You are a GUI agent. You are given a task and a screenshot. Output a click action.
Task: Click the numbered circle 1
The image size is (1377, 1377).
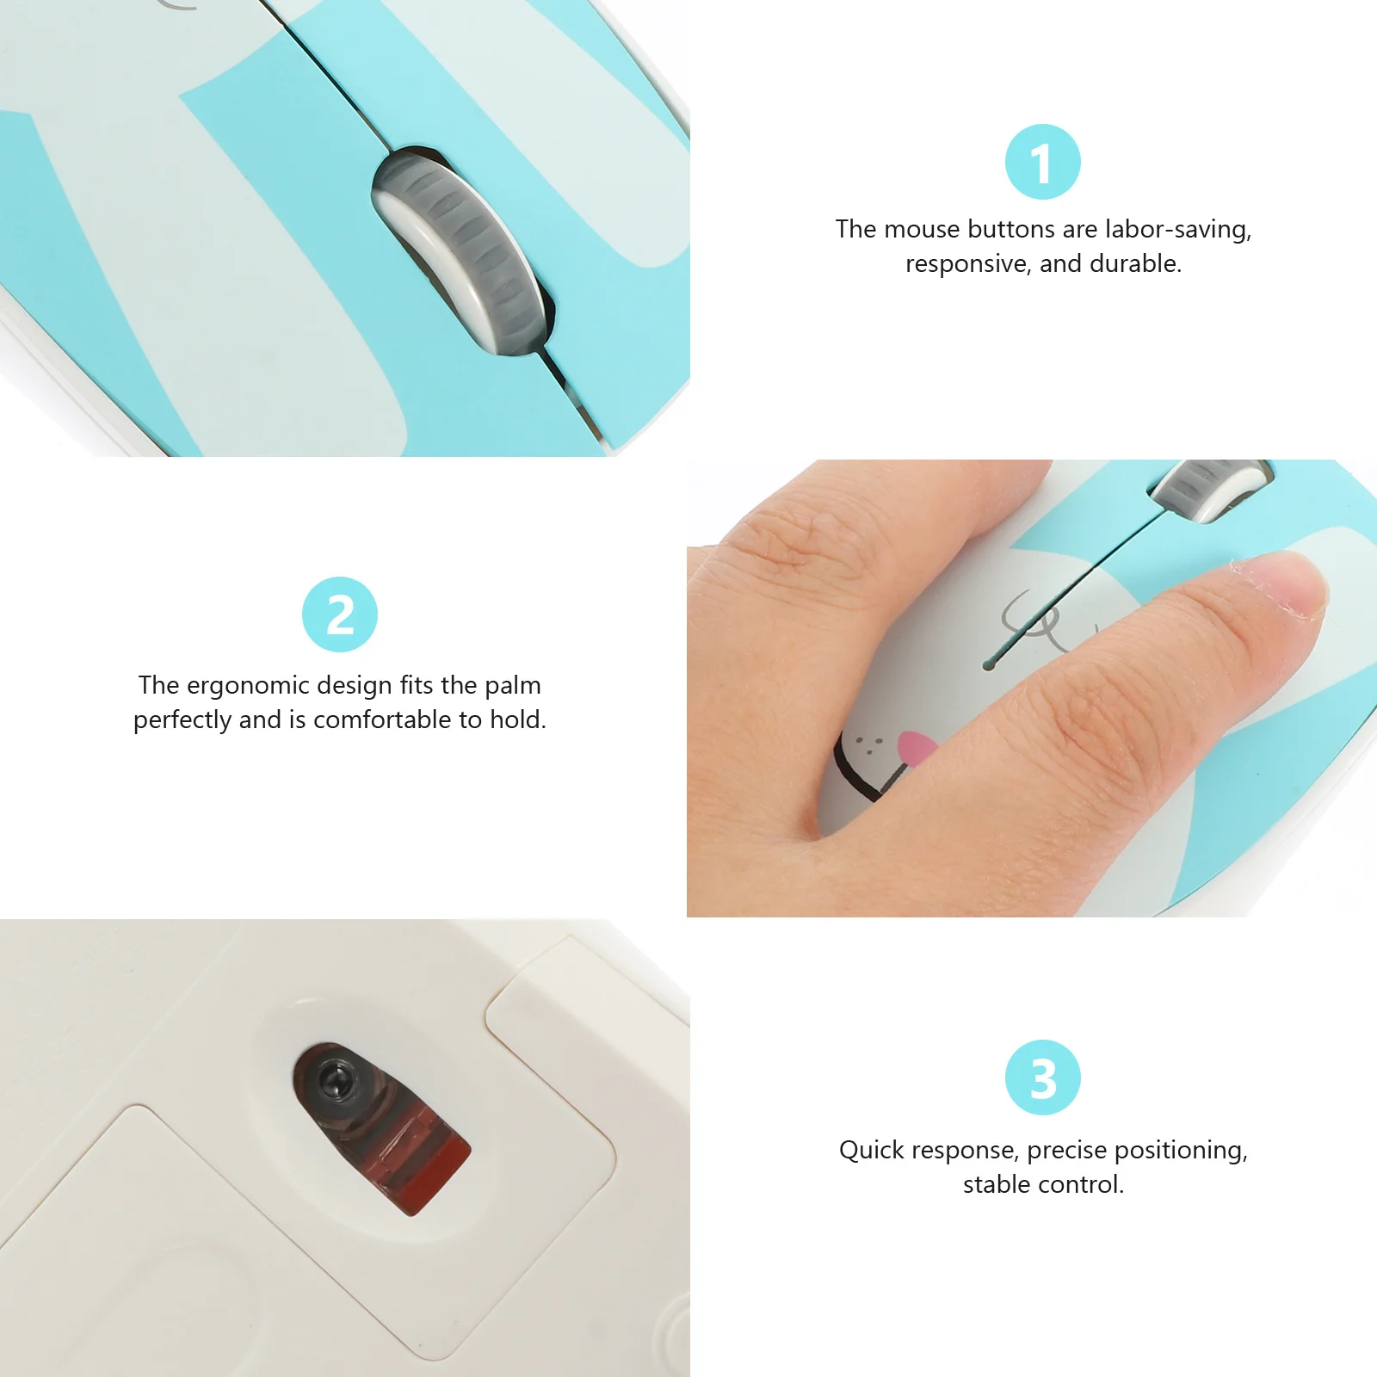[1042, 162]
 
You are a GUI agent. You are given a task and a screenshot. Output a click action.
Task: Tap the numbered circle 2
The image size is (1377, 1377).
[340, 614]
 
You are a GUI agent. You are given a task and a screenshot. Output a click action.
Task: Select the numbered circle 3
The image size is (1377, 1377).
[1042, 1078]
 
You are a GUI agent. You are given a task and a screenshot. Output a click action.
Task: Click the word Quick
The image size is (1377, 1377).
[876, 1151]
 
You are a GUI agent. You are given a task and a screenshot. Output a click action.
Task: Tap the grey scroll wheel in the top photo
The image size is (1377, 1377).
[460, 250]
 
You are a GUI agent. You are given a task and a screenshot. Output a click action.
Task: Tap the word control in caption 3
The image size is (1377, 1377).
[1084, 1185]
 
